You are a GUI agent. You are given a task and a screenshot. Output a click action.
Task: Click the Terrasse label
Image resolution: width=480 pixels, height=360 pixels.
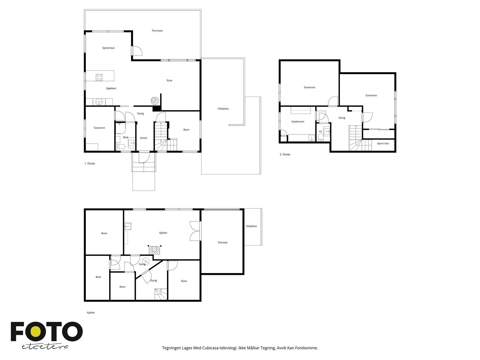157,31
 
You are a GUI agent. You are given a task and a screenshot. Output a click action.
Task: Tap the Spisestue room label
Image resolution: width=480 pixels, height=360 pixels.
108,48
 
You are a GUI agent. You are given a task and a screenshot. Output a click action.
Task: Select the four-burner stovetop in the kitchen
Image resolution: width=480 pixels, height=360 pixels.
99,77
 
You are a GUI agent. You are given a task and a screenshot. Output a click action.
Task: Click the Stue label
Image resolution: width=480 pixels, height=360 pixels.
169,80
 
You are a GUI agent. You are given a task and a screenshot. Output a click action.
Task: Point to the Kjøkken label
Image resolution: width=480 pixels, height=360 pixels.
111,88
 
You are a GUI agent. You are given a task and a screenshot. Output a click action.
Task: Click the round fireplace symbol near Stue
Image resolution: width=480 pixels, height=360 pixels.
154,101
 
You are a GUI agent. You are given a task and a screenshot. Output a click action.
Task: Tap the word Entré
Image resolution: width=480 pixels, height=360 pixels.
144,138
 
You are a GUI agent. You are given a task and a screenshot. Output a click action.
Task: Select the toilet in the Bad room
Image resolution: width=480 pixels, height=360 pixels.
121,146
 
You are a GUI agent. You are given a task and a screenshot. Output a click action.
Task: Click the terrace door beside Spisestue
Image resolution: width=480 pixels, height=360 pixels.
137,51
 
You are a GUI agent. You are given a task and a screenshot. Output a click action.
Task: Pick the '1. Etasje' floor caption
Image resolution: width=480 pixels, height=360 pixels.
90,163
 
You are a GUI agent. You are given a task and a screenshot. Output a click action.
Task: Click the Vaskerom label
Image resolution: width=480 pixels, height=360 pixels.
298,121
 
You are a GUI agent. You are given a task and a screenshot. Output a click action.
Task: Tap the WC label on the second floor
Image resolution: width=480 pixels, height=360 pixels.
320,132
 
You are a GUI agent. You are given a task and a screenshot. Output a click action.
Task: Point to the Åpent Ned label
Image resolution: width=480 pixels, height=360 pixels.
383,143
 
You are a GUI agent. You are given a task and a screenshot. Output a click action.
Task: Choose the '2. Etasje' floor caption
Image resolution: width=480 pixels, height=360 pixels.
285,154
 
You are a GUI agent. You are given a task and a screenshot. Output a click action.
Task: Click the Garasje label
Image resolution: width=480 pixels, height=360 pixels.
223,242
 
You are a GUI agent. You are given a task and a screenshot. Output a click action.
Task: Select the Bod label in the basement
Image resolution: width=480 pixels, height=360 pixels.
98,277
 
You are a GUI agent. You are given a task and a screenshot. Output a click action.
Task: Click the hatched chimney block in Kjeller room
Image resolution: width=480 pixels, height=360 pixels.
154,250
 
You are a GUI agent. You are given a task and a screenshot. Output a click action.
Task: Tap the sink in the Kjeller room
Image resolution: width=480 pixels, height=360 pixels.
128,226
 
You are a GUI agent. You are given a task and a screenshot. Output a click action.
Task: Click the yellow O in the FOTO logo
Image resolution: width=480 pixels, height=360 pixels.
35,331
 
